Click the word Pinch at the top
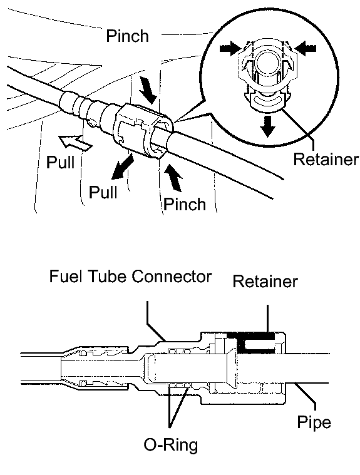point(127,36)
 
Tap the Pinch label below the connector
point(185,204)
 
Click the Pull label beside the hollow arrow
point(61,162)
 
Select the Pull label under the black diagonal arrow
point(103,192)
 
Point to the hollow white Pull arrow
point(75,143)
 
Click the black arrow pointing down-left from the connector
point(123,166)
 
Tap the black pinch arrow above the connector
point(148,90)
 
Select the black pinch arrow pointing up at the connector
point(173,178)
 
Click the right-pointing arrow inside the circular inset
point(230,48)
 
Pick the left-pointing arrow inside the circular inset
point(306,48)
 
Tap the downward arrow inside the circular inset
point(267,125)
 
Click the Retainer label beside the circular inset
point(326,159)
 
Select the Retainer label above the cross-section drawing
point(265,282)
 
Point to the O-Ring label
point(170,445)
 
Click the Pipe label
point(314,422)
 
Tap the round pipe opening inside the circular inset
point(267,61)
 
